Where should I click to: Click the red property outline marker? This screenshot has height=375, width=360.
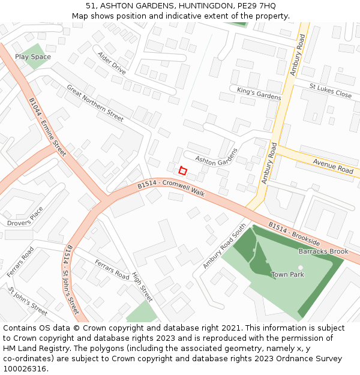[183, 171]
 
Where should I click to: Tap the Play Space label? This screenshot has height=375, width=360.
[33, 57]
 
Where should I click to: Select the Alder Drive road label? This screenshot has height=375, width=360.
[112, 63]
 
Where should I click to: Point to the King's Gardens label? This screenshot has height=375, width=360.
[259, 93]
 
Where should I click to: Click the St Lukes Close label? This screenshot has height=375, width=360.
[330, 91]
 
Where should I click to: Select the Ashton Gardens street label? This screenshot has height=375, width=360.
[217, 157]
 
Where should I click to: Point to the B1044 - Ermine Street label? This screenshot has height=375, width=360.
[47, 128]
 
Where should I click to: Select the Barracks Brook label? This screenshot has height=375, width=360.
[323, 251]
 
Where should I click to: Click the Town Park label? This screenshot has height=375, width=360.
[287, 275]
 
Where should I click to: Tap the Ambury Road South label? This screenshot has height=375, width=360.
[224, 246]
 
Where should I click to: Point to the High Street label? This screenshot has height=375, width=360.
[142, 286]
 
